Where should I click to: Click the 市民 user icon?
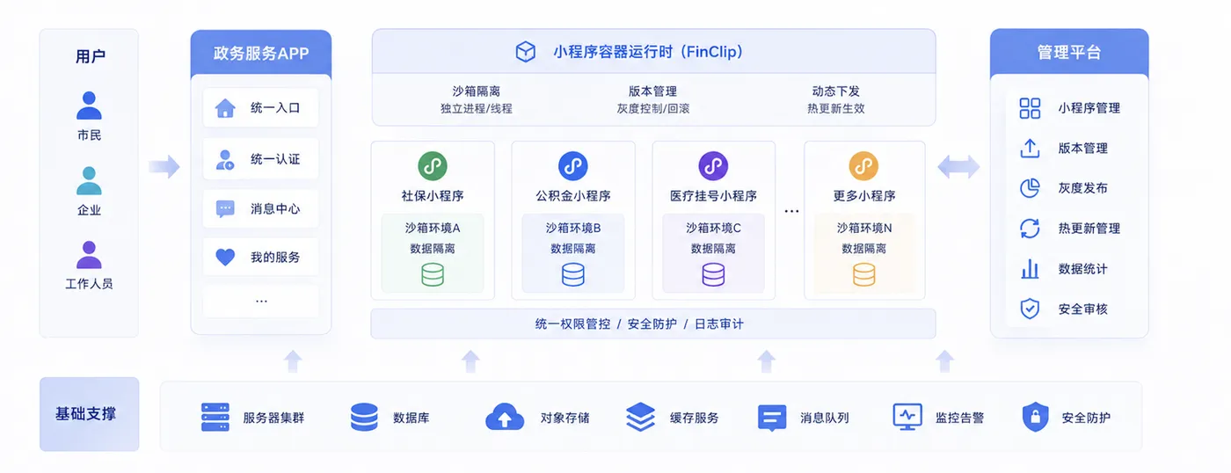89,106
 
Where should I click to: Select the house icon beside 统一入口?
225,108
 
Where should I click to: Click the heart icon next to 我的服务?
225,257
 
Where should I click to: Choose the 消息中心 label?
275,208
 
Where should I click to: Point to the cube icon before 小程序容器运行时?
526,52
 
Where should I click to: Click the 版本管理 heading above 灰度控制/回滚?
652,91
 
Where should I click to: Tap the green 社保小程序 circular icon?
433,166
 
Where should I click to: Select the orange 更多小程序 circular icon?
863,166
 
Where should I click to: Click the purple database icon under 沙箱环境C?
713,274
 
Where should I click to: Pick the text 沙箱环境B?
573,228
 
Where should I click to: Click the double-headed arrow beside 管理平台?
958,166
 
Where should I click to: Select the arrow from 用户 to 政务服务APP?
165,166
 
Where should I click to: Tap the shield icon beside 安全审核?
1030,309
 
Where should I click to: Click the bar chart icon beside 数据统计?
1030,269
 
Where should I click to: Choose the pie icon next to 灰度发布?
1030,188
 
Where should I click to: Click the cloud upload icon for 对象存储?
505,417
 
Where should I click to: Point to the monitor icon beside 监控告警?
907,417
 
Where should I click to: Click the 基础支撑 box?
89,414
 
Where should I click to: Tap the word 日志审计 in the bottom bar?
719,324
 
